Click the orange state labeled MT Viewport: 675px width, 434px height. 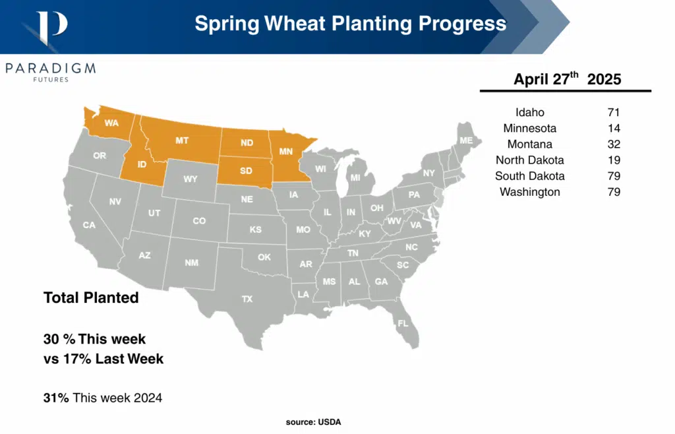[x=181, y=140]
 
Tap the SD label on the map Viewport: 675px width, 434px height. [x=246, y=170]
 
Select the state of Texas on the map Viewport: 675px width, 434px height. [x=247, y=299]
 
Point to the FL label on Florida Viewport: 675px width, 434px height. [x=401, y=323]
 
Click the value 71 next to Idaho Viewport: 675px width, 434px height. [x=614, y=112]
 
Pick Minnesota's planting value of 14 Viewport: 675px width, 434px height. [x=614, y=128]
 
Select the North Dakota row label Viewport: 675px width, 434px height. [x=529, y=160]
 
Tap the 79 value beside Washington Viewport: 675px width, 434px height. [x=614, y=192]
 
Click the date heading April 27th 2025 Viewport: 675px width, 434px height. [x=567, y=79]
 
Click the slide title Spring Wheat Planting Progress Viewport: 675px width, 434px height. [x=350, y=24]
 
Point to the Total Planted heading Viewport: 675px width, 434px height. [x=91, y=297]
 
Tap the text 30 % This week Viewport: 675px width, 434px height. [x=94, y=339]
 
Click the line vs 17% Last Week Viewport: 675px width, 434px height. [x=103, y=359]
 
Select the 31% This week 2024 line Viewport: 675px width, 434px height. [x=102, y=398]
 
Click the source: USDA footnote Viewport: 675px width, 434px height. [x=313, y=421]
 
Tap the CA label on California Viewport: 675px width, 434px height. [x=89, y=225]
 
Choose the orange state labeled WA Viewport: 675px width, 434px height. [x=110, y=123]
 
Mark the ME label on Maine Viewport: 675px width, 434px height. [x=466, y=140]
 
